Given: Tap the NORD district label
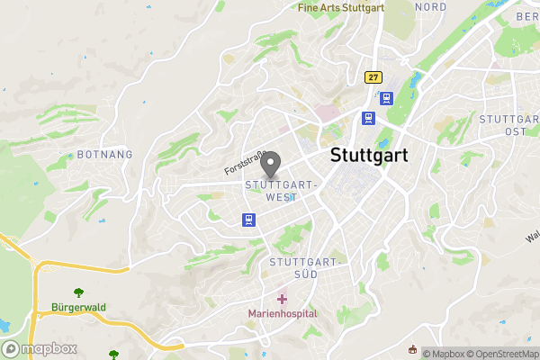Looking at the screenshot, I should [x=430, y=6].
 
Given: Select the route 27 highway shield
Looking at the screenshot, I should [x=372, y=78].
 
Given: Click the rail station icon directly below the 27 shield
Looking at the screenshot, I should [x=385, y=98].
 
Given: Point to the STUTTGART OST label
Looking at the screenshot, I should [x=509, y=125].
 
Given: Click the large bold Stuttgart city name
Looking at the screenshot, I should [x=369, y=155].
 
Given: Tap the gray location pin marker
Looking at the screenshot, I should [x=270, y=165].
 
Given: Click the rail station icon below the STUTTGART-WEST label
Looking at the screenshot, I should [x=247, y=220].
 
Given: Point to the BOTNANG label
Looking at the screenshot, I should [x=105, y=155].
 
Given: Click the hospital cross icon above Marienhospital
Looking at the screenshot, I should [x=282, y=298].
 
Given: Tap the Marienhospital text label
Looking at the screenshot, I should [x=283, y=313].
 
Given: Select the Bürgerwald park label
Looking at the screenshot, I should [x=78, y=307].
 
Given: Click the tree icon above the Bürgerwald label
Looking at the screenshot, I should [x=78, y=292].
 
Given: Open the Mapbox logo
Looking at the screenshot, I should [x=40, y=348].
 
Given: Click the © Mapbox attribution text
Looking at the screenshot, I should [x=445, y=354].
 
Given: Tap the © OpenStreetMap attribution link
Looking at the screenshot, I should [x=504, y=354].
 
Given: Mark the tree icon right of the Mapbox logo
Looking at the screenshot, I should [x=113, y=355].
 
